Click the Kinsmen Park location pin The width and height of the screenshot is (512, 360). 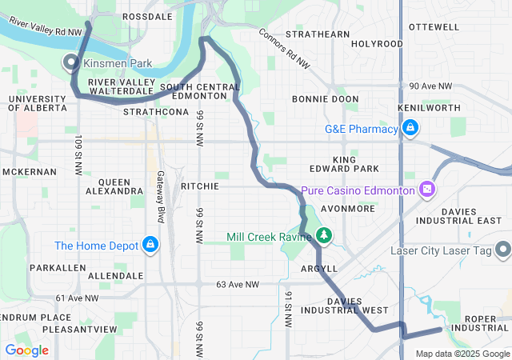(70, 62)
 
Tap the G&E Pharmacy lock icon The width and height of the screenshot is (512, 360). (410, 128)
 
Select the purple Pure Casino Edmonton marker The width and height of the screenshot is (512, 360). (427, 190)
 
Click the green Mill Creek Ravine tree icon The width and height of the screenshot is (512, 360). (323, 235)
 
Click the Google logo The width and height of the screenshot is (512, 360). (26, 350)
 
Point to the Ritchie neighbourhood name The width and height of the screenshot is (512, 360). (200, 186)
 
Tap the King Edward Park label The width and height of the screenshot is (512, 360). (344, 164)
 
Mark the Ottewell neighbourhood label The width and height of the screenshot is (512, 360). (434, 26)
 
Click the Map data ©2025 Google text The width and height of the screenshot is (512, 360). (462, 354)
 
